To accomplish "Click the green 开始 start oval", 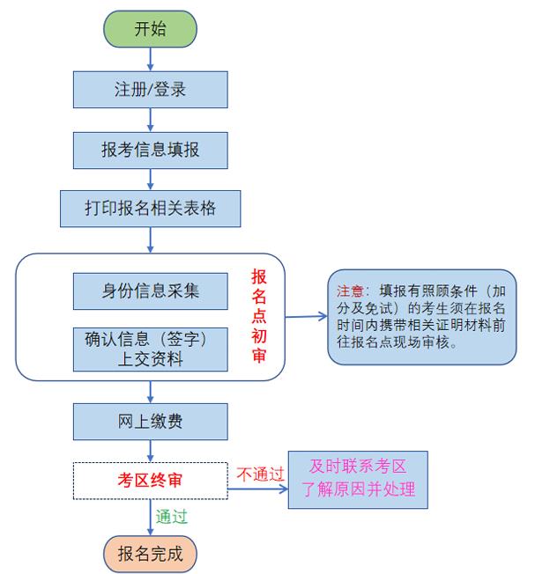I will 150,29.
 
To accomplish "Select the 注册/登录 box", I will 150,90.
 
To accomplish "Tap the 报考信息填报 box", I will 150,150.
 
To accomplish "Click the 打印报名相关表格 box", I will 150,209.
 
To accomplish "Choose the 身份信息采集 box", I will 150,291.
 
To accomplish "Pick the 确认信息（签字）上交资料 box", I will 150,348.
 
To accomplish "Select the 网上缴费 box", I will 150,422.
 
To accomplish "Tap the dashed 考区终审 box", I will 150,480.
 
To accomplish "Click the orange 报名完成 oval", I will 150,554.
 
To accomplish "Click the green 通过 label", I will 171,516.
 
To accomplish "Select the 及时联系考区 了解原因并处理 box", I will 358,479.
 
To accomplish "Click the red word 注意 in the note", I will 350,291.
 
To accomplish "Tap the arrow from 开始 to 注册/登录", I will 151,58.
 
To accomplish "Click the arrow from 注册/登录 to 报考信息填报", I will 151,120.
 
